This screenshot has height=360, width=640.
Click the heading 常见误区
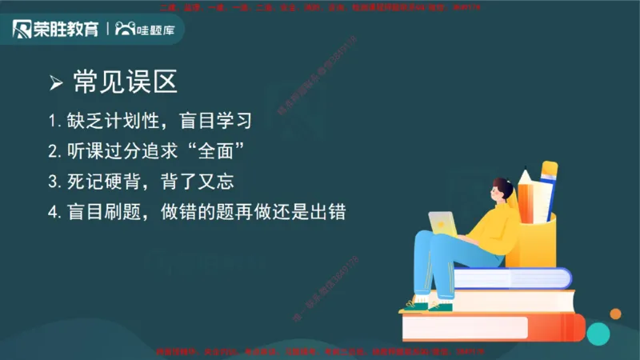[124, 82]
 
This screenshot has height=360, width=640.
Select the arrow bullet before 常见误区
[56, 82]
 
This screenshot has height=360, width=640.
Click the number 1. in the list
[54, 122]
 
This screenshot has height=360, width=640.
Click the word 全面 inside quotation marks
[213, 151]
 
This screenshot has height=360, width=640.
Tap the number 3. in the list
[54, 182]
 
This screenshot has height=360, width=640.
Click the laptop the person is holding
[443, 223]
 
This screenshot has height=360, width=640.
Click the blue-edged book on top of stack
[512, 278]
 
